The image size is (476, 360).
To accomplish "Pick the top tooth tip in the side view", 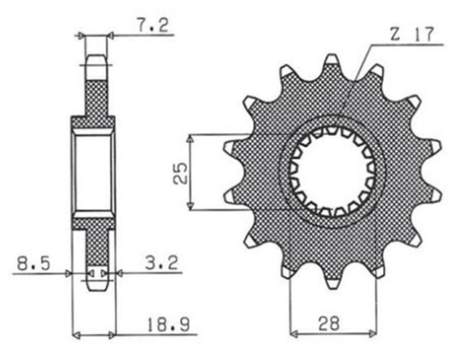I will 96,62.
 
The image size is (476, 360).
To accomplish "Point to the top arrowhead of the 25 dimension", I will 190,135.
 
